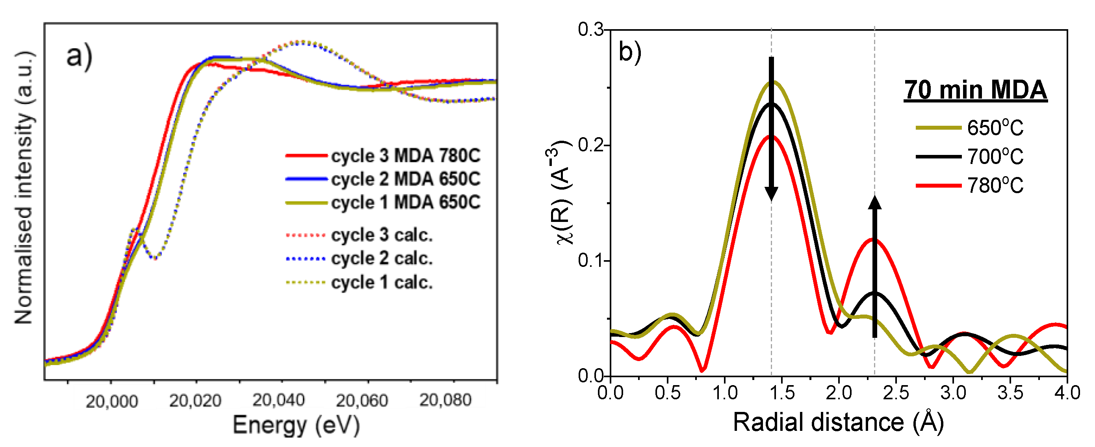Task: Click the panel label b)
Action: point(629,52)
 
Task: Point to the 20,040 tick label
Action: point(278,400)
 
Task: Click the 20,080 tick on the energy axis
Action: point(445,400)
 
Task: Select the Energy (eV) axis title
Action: point(296,425)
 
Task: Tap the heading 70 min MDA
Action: point(975,90)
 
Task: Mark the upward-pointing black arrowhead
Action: point(875,203)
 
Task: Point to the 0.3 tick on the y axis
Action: point(590,30)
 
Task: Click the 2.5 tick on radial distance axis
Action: point(896,393)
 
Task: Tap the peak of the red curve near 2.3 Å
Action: point(874,239)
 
